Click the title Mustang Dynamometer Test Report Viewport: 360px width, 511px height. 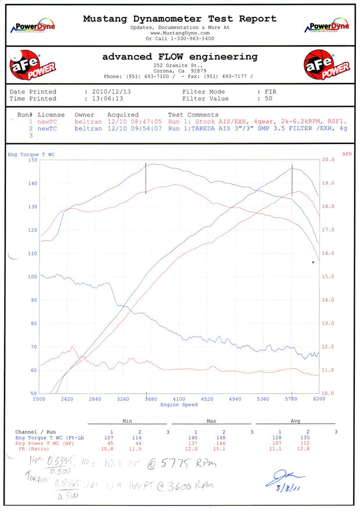(x=179, y=18)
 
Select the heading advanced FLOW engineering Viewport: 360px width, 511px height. (x=179, y=57)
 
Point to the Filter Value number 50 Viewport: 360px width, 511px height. (x=268, y=99)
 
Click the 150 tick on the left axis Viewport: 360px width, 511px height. (x=33, y=160)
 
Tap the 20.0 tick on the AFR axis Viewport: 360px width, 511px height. (x=328, y=159)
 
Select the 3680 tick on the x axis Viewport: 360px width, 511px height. (x=150, y=400)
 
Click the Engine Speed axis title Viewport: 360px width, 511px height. (x=178, y=405)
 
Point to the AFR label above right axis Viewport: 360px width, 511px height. (x=347, y=154)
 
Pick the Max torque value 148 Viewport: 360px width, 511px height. (x=221, y=437)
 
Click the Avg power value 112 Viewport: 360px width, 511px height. (x=308, y=443)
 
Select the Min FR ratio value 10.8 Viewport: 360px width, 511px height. (x=107, y=449)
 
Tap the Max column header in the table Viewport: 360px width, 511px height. (x=211, y=421)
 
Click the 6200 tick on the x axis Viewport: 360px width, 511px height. (x=318, y=400)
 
